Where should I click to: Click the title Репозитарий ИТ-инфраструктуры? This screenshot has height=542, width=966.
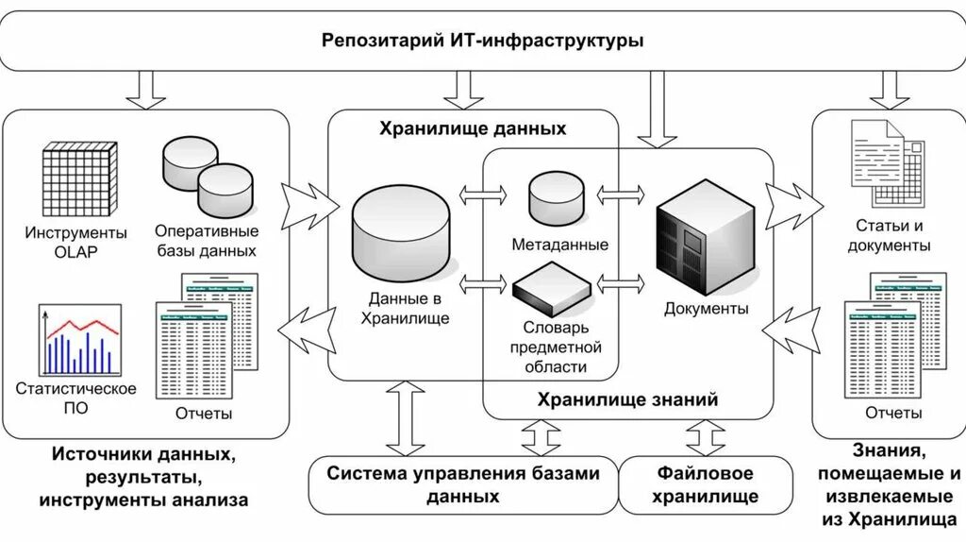482,42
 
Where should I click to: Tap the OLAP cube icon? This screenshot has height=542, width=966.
80,179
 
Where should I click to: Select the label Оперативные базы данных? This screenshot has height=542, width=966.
208,241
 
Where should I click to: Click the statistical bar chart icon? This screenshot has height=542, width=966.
80,340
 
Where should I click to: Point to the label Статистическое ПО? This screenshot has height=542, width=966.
76,398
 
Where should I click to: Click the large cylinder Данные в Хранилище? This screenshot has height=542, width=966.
400,231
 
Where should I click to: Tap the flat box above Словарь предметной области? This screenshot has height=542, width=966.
552,289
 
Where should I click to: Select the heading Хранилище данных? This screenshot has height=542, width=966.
473,129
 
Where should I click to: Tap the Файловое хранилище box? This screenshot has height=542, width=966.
705,484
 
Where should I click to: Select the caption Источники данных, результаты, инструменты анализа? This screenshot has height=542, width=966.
144,477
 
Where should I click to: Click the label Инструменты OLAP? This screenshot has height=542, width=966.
76,243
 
